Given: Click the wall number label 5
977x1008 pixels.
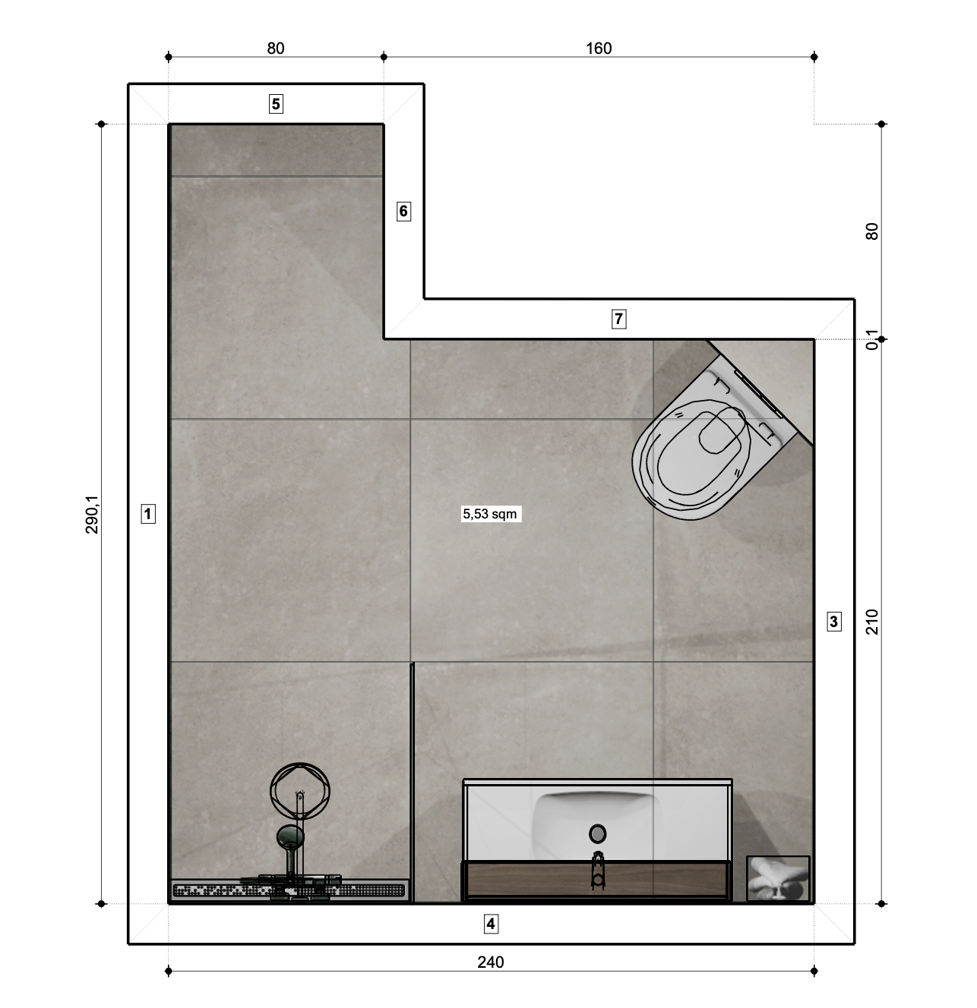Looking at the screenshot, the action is click(x=276, y=104).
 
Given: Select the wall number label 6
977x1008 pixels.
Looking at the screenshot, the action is click(x=403, y=211).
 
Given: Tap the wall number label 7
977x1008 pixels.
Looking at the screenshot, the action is click(x=618, y=319).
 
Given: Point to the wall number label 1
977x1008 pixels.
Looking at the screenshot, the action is click(x=148, y=514).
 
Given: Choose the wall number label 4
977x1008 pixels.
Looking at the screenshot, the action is click(x=491, y=924).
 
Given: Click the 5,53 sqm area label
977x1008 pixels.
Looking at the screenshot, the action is click(x=490, y=514).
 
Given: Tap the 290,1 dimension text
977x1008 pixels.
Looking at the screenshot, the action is click(x=92, y=515).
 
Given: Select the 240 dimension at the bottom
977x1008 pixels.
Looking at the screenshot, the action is click(x=491, y=962).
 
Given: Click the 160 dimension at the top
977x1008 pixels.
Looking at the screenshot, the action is click(x=599, y=48).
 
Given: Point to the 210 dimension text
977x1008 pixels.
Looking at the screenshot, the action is click(x=872, y=622).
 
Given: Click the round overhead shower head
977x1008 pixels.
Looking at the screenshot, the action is click(x=300, y=791).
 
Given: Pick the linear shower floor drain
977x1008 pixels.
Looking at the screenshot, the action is click(x=289, y=890).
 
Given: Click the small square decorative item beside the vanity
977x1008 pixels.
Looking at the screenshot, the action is click(x=778, y=878).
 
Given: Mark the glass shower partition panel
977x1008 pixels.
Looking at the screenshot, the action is click(x=413, y=782).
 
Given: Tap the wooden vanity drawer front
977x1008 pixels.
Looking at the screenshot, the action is click(x=596, y=880).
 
